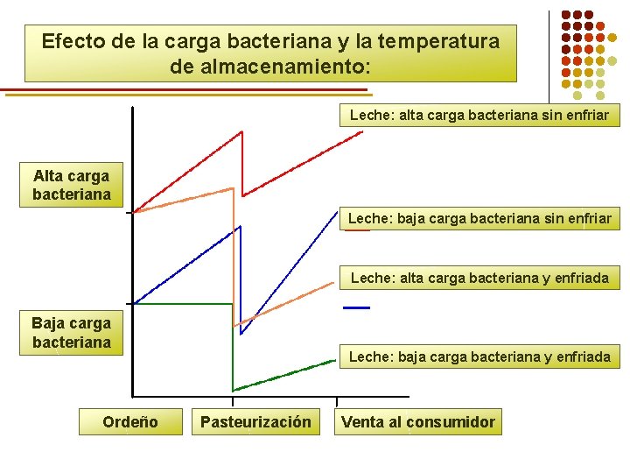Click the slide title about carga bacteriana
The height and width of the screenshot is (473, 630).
[x=270, y=53]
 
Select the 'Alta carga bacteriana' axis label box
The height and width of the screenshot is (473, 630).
[x=72, y=185]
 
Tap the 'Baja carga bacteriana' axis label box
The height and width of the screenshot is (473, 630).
[x=72, y=333]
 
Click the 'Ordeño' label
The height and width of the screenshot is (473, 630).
[x=130, y=422]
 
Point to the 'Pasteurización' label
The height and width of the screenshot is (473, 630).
[x=255, y=422]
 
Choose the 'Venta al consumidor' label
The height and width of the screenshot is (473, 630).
[x=418, y=422]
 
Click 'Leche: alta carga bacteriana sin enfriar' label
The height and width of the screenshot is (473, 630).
[x=479, y=115]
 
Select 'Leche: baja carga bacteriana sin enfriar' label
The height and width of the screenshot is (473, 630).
[x=479, y=218]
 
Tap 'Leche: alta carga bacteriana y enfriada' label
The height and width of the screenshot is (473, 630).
[x=479, y=279]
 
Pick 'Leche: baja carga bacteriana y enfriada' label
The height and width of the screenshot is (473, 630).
[x=479, y=357]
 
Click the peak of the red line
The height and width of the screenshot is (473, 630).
[x=241, y=131]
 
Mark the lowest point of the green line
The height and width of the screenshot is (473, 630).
[x=234, y=390]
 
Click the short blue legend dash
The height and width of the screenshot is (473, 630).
[x=356, y=308]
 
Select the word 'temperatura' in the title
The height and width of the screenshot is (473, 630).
[x=445, y=41]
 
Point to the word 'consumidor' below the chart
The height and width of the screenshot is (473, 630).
[x=451, y=422]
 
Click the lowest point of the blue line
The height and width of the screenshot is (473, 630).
[x=241, y=334]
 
